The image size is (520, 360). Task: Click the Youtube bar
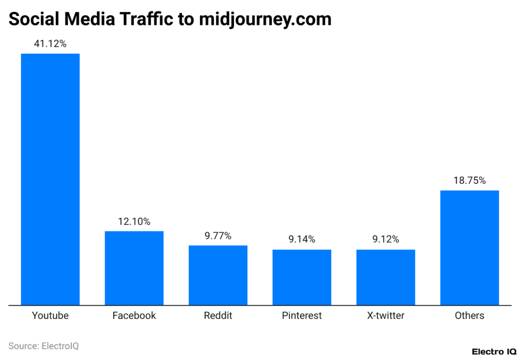pyautogui.click(x=50, y=179)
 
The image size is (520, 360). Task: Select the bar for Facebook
pyautogui.click(x=134, y=268)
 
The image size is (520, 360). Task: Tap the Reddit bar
pyautogui.click(x=218, y=275)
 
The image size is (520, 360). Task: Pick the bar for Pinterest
pyautogui.click(x=302, y=277)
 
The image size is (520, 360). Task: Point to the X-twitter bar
pyautogui.click(x=385, y=277)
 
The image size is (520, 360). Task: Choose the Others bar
pyautogui.click(x=469, y=248)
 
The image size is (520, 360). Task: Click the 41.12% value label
pyautogui.click(x=50, y=44)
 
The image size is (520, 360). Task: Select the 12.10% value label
pyautogui.click(x=134, y=221)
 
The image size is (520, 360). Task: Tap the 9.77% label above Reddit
pyautogui.click(x=218, y=236)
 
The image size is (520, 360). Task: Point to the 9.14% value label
pyautogui.click(x=302, y=240)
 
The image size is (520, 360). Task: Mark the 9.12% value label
pyautogui.click(x=385, y=240)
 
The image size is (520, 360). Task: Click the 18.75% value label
pyautogui.click(x=469, y=181)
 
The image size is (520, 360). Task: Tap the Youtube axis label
pyautogui.click(x=50, y=316)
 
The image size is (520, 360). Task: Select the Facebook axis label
pyautogui.click(x=134, y=316)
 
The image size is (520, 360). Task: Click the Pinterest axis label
pyautogui.click(x=302, y=316)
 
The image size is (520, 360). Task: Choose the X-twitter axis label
pyautogui.click(x=385, y=316)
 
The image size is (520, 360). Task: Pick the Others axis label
pyautogui.click(x=469, y=316)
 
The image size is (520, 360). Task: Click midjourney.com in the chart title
pyautogui.click(x=265, y=19)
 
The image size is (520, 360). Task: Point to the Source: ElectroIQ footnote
pyautogui.click(x=44, y=346)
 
